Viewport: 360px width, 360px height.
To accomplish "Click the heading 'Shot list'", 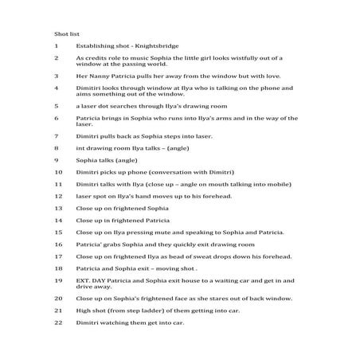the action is pos(67,35).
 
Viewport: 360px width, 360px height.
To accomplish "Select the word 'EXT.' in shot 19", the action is pos(84,280).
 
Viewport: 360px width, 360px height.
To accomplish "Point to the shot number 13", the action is pos(58,208).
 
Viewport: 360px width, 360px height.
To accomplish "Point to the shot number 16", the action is pos(58,244).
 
